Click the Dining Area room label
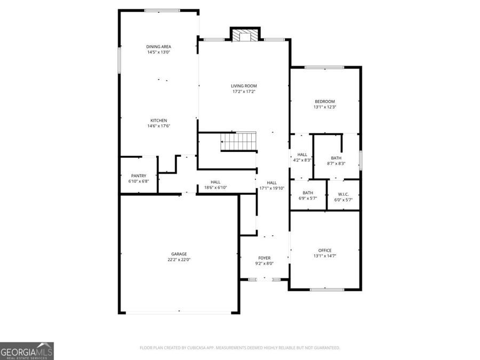click(158, 46)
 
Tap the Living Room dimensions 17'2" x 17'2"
click(244, 91)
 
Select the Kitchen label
click(158, 121)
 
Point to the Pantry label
click(139, 175)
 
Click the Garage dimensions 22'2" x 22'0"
click(179, 260)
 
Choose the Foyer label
click(265, 258)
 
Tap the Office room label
click(325, 250)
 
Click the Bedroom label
click(324, 101)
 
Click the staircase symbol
click(239, 142)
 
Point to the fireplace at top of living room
click(245, 35)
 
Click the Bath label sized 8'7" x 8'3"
click(336, 158)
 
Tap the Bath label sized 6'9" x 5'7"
click(308, 193)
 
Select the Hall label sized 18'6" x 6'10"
click(215, 182)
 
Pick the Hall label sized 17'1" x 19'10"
click(271, 182)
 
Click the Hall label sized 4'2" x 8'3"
click(302, 155)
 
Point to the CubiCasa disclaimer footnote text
click(239, 348)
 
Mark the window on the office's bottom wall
click(326, 290)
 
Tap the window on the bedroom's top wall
click(324, 67)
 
